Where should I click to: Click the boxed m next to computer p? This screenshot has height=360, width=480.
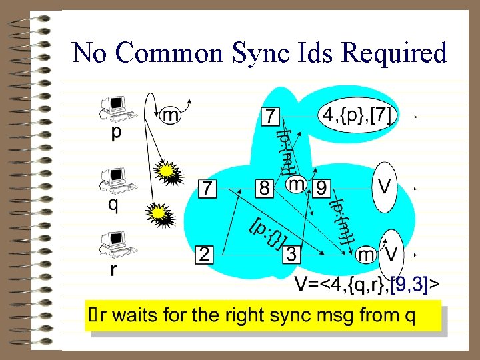tap(171, 115)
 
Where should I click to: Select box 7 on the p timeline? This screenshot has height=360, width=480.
tap(269, 116)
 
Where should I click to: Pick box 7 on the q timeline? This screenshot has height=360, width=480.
tap(207, 189)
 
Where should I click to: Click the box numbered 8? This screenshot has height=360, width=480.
tap(265, 188)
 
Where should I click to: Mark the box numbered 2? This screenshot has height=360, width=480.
tap(204, 255)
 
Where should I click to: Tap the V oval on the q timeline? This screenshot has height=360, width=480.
tap(385, 186)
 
